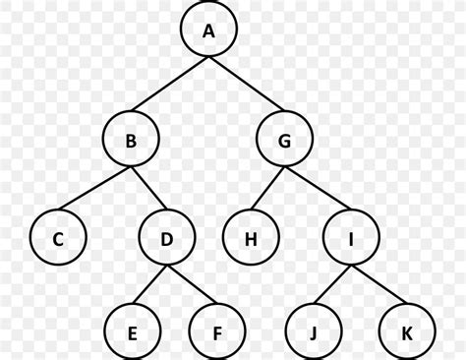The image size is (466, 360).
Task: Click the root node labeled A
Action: tap(208, 31)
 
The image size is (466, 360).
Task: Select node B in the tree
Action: tap(131, 141)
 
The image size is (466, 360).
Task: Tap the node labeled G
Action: tap(285, 141)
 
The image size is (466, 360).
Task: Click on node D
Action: tap(167, 237)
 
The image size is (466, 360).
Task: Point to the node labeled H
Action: tap(250, 237)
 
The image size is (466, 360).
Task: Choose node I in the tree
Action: tap(349, 237)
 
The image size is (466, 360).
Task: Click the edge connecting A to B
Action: tap(169, 87)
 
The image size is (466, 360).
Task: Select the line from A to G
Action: tap(247, 87)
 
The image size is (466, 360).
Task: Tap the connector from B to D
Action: tap(148, 188)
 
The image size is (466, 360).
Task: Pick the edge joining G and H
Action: tap(267, 188)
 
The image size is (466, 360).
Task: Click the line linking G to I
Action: tap(317, 188)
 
